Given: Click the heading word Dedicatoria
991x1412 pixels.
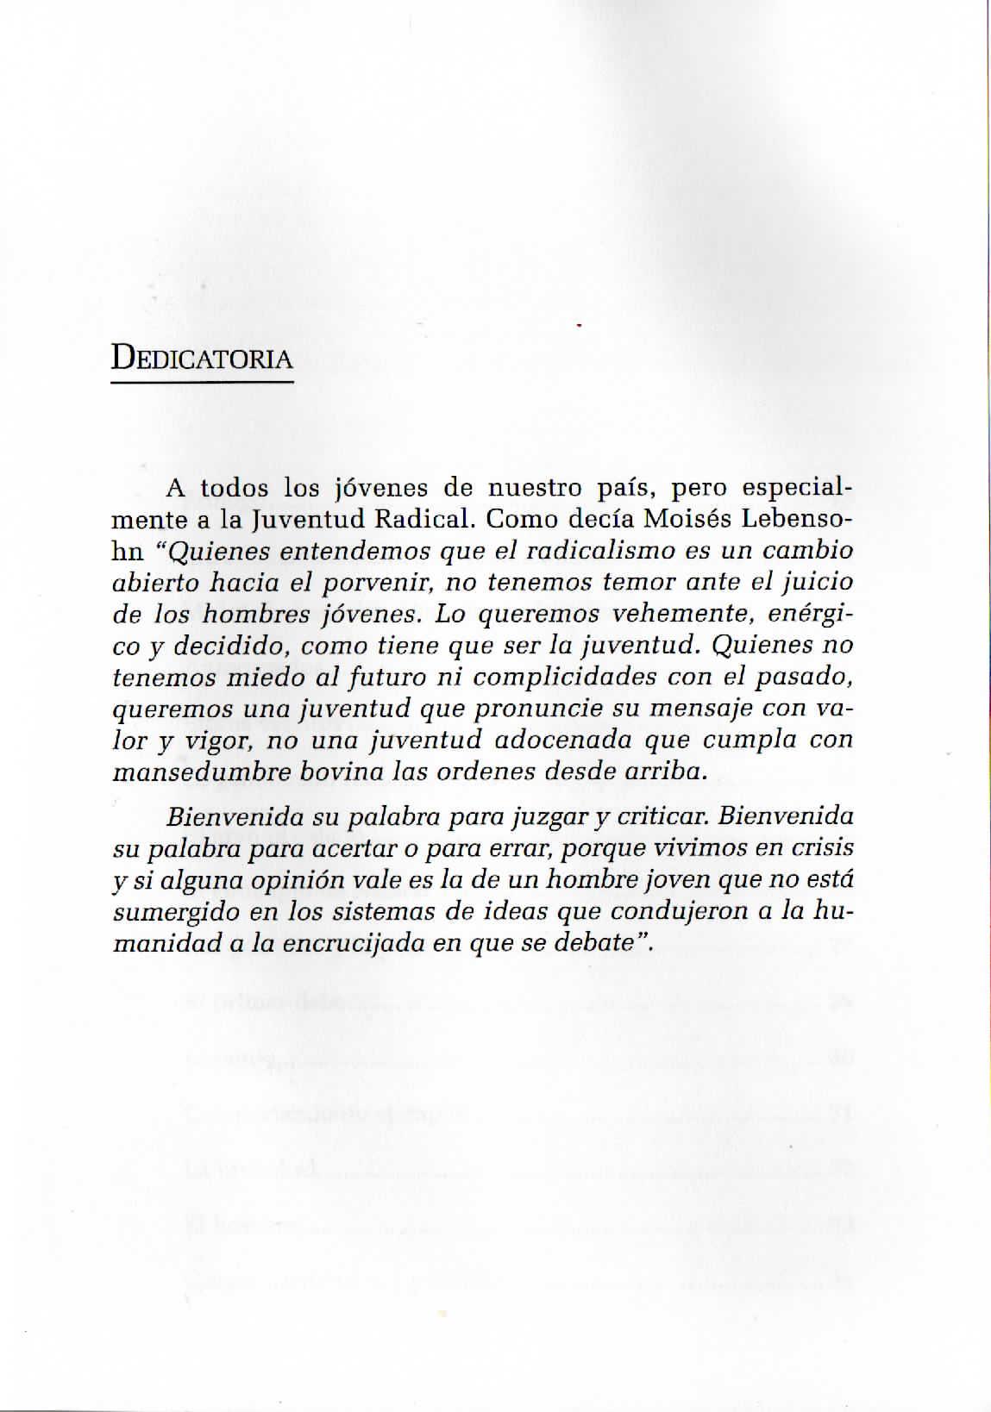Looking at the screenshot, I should tap(202, 358).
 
